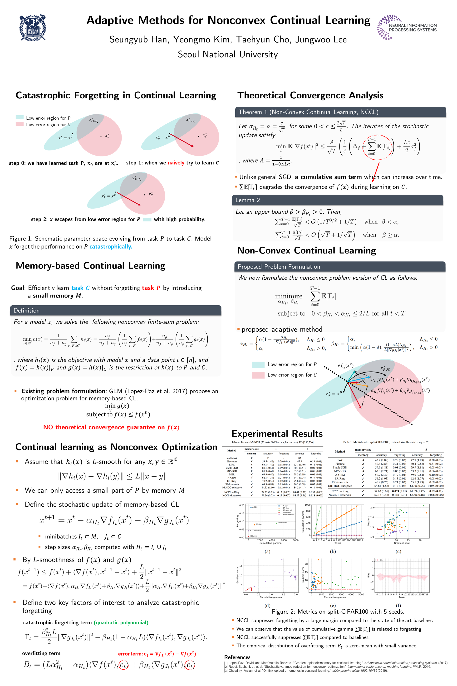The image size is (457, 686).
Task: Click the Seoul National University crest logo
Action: point(32,28)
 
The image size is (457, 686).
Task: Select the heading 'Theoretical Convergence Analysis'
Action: point(310,96)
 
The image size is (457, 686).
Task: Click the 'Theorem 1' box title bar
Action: point(340,112)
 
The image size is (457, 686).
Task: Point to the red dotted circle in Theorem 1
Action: point(378,147)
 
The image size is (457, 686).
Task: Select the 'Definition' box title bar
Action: point(115,310)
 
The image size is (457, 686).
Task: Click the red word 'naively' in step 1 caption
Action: point(176,163)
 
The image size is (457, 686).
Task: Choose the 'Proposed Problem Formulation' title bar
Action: point(339,267)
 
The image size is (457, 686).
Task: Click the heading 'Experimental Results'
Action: point(277,434)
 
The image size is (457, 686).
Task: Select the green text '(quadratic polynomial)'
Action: point(121,622)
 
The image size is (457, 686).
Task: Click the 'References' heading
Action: point(237,657)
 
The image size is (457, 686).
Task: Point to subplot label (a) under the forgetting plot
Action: point(267,551)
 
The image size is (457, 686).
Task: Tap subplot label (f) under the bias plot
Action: point(398,605)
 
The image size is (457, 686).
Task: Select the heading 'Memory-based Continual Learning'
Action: point(90,266)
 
